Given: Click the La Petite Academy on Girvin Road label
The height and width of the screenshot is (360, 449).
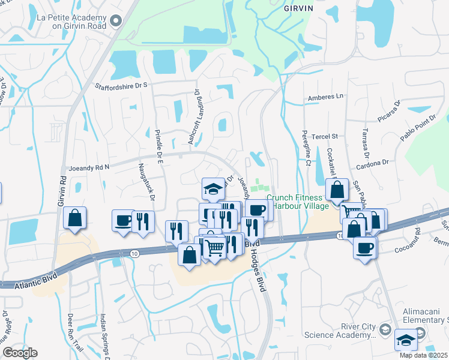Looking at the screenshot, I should [x=73, y=22].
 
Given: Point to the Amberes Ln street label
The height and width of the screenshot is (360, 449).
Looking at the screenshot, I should [x=325, y=96].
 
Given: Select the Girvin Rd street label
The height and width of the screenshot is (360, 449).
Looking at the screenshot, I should [x=62, y=191].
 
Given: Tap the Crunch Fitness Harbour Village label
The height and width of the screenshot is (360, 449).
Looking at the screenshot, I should [x=298, y=202].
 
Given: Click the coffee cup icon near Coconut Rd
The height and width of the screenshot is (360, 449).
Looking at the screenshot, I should [x=364, y=248].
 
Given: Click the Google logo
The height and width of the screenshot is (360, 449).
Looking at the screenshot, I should [x=20, y=353].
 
